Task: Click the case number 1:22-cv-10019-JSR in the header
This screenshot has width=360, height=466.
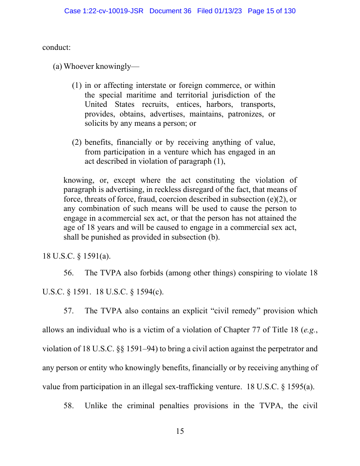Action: point(104,11)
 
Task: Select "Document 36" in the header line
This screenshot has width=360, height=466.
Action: point(170,11)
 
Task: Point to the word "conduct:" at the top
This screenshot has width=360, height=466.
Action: point(56,47)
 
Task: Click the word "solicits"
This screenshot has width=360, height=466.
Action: point(96,124)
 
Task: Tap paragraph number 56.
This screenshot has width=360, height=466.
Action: point(68,273)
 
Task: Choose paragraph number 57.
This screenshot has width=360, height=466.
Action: point(68,311)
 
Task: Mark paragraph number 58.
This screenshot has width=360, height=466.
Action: point(68,406)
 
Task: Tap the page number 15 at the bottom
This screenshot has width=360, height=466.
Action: point(180,431)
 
